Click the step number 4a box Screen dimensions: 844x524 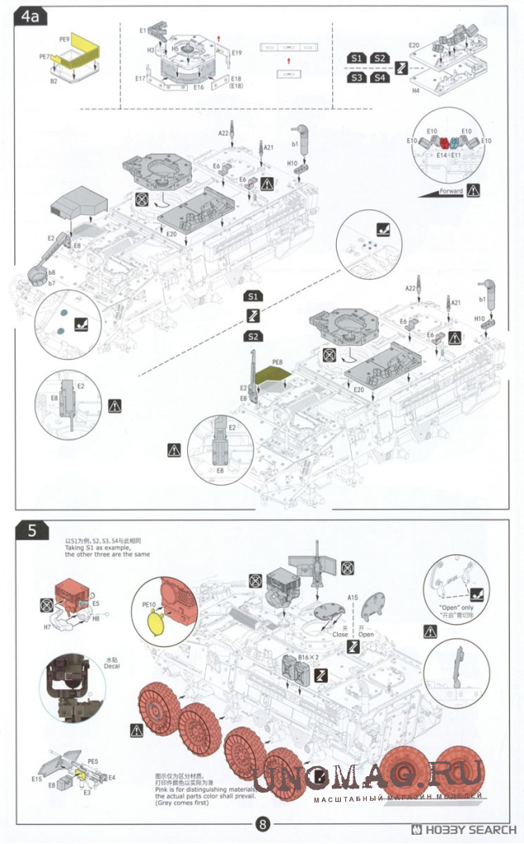point(32,17)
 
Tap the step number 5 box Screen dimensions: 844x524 point(31,532)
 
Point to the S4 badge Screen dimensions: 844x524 point(379,78)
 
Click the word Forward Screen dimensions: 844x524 point(451,190)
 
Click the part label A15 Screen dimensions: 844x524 point(352,597)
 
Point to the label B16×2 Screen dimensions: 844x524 point(308,659)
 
